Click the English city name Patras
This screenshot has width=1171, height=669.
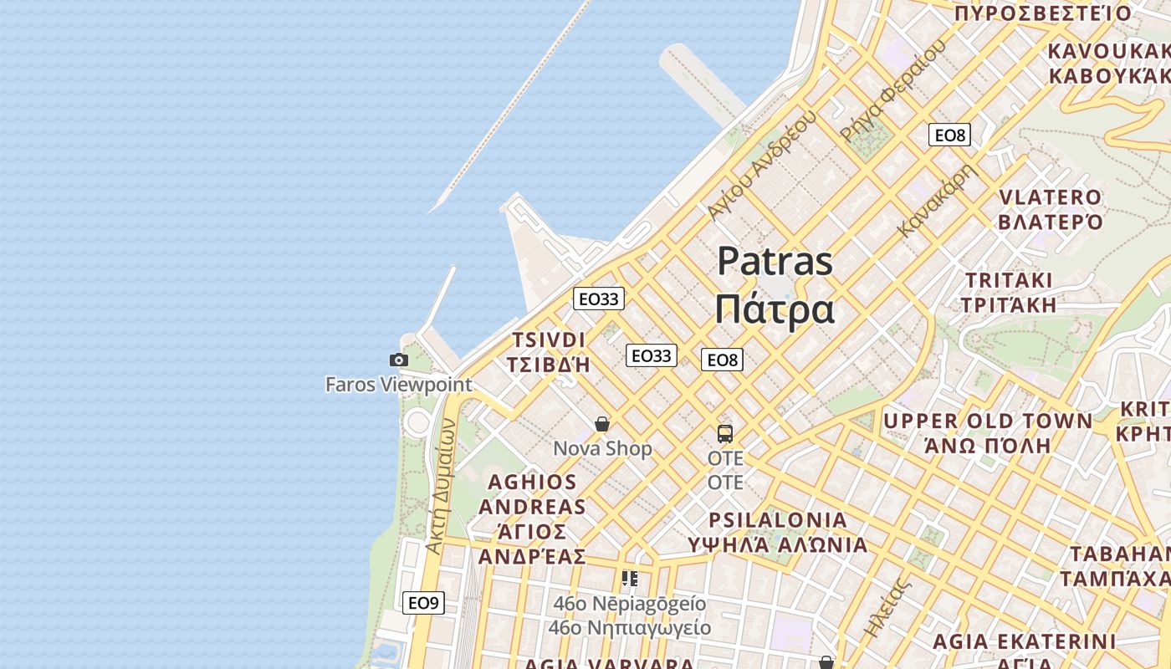775,261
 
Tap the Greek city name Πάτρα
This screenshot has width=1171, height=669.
775,309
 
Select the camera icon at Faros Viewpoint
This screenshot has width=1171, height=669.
399,360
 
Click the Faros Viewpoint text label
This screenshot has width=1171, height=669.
399,385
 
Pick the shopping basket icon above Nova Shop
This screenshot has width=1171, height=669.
601,425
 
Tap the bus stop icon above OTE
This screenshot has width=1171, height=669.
724,434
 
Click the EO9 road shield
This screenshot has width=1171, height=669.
423,602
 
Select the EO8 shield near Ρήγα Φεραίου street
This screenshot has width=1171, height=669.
949,135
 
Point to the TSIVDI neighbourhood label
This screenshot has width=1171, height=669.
549,340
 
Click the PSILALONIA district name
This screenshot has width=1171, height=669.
778,520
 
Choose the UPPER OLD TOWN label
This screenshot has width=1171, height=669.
988,421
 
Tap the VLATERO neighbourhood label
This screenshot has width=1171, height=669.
1051,198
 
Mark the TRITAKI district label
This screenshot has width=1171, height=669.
1009,280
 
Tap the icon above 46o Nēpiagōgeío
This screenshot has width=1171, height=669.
630,579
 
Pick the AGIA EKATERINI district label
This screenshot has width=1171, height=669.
1024,641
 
